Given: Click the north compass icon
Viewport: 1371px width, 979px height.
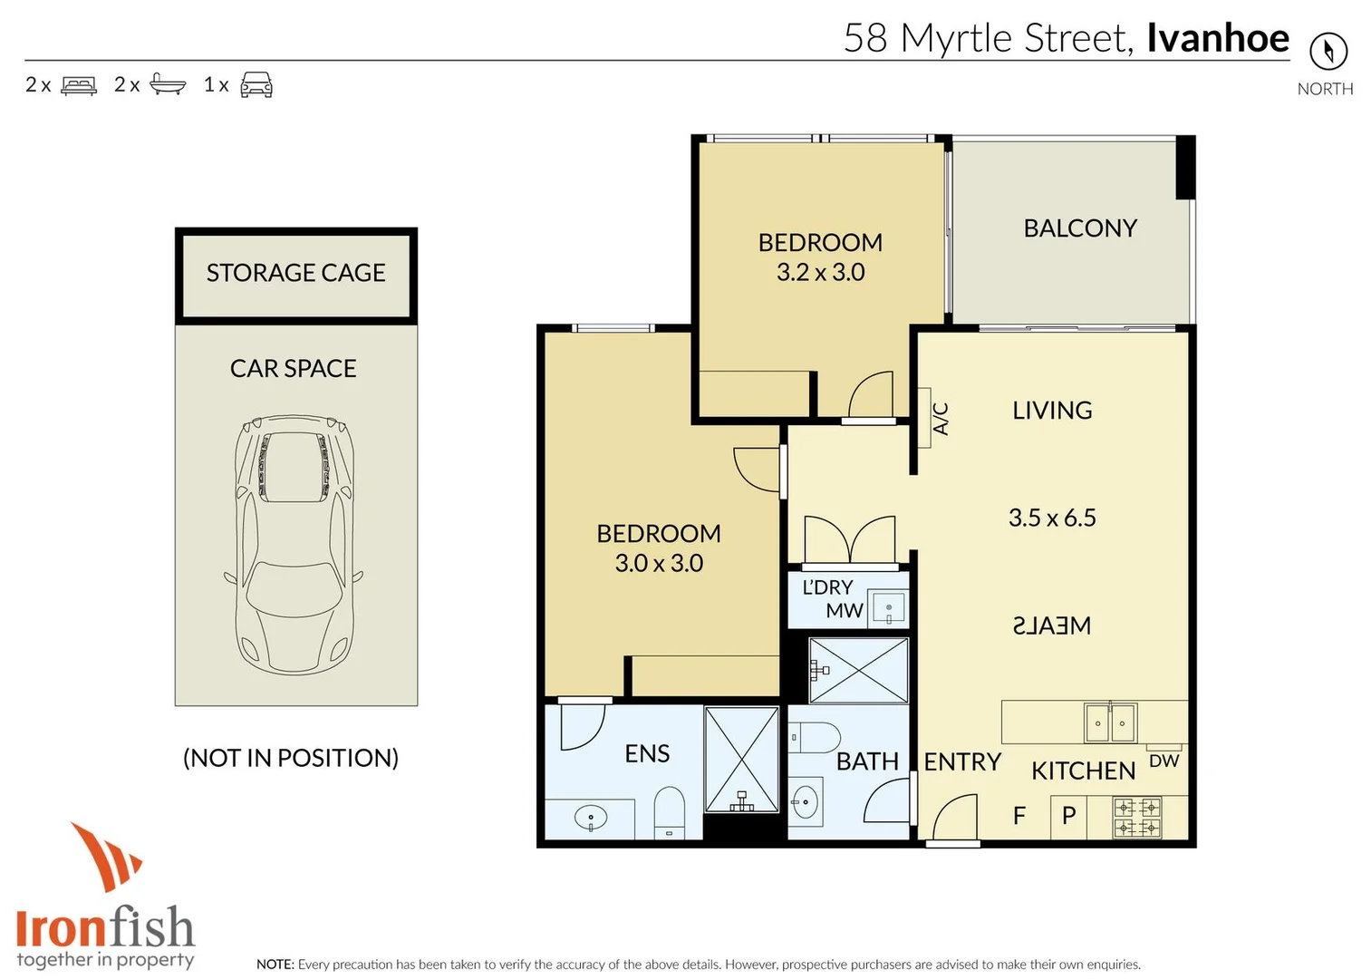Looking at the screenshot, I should (x=1328, y=51).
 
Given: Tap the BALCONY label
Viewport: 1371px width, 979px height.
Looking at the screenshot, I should (x=1080, y=228).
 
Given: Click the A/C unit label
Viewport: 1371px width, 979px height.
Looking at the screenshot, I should (x=941, y=419).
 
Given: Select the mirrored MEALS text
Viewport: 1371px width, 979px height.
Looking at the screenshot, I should (x=1052, y=625).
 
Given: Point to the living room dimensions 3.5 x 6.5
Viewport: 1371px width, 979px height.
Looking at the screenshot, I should (x=1052, y=518).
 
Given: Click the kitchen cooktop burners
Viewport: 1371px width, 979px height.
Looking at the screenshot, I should (x=1137, y=817).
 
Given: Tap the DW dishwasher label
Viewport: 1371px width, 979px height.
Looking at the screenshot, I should (x=1163, y=761).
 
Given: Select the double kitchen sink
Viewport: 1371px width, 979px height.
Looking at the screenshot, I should (x=1110, y=722).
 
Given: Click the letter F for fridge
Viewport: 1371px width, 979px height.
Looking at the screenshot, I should (x=1019, y=816).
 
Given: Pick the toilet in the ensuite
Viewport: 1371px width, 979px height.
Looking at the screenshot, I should (x=670, y=811).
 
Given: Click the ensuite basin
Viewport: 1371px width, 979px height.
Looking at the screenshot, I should (x=591, y=819).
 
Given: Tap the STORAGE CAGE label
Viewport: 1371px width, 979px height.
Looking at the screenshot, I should (x=295, y=273).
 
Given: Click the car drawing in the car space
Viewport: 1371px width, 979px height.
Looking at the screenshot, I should (x=294, y=544).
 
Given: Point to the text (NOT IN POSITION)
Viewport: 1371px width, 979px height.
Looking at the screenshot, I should (x=291, y=758).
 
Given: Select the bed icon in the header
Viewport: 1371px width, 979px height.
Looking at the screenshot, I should (x=79, y=85).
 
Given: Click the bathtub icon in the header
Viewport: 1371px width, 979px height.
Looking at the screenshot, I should (x=168, y=84).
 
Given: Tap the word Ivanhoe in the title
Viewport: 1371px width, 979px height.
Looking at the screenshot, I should (x=1217, y=38).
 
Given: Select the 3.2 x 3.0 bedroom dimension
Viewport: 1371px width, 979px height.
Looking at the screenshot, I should (x=820, y=272).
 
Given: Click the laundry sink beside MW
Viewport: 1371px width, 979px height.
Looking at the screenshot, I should (x=889, y=609).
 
